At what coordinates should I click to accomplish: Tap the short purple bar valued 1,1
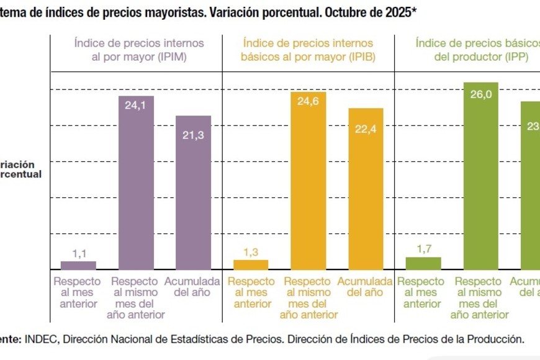[x=78, y=265]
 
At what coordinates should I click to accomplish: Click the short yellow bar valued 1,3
[x=251, y=264]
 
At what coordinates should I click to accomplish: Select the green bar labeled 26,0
[x=480, y=177]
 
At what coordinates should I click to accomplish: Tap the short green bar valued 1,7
[x=423, y=263]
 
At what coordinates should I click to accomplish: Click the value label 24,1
[x=135, y=106]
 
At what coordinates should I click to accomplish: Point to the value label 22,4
[x=365, y=128]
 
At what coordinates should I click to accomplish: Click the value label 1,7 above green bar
[x=424, y=249]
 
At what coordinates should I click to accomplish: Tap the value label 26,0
[x=480, y=94]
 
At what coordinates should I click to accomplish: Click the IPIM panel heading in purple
[x=139, y=49]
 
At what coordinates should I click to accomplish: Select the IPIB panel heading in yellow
[x=308, y=49]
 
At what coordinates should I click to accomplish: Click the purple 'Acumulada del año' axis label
[x=192, y=287]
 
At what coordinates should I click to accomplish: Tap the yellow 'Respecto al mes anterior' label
[x=251, y=292]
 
